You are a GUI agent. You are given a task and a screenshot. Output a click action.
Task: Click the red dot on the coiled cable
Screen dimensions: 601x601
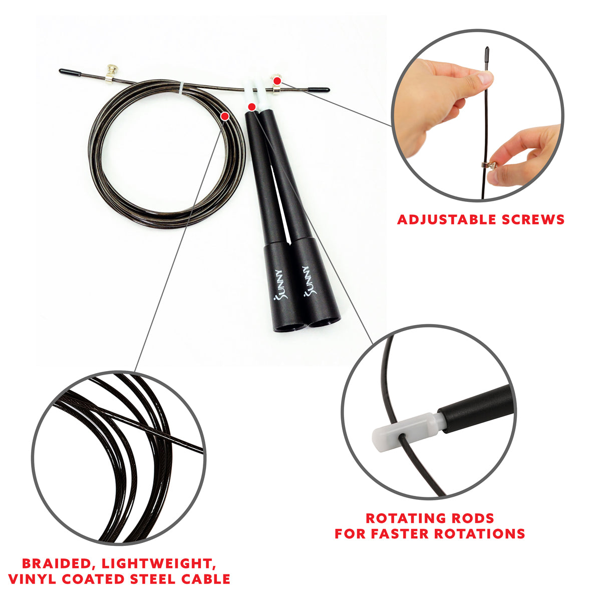point(225,116)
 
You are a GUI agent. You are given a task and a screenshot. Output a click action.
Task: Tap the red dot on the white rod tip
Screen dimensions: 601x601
point(251,106)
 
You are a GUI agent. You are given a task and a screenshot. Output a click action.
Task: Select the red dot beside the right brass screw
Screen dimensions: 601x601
point(277,80)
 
